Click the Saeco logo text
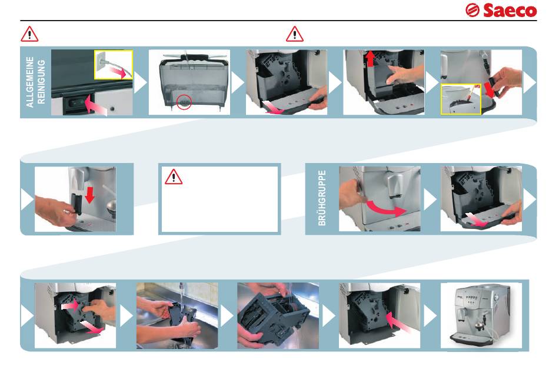(x=510, y=11)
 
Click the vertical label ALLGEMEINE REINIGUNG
(x=35, y=82)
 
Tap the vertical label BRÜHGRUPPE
(x=321, y=198)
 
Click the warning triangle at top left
(x=29, y=34)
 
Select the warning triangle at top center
(x=295, y=34)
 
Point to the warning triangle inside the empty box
(x=174, y=177)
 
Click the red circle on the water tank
(x=184, y=102)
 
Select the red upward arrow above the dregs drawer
(x=371, y=58)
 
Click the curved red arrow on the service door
(x=386, y=209)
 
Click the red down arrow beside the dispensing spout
(x=89, y=195)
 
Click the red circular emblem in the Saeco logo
(x=473, y=11)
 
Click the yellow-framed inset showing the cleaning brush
(x=461, y=99)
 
